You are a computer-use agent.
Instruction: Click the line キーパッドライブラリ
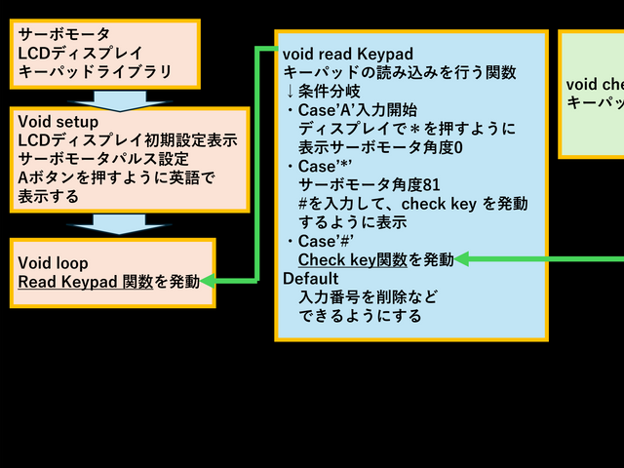[96, 71]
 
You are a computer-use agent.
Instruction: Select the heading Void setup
[58, 123]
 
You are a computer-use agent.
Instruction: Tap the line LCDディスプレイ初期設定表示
[128, 141]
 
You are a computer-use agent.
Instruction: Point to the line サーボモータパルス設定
[103, 160]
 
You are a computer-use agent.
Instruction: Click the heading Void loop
[53, 263]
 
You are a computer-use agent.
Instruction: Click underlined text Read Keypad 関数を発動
[108, 282]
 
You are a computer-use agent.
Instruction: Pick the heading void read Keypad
[348, 53]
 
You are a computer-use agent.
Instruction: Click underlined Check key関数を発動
[375, 259]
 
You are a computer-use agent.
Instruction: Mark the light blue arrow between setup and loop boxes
[112, 224]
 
